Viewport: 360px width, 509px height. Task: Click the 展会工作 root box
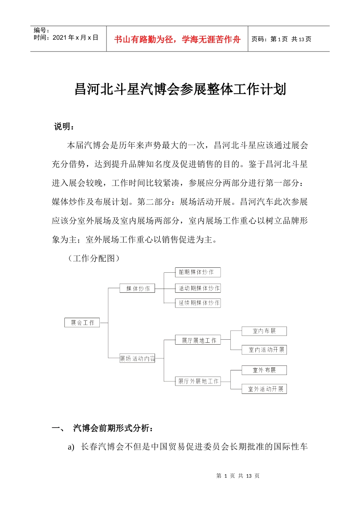pos(82,323)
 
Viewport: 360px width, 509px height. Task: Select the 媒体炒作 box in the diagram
pos(138,289)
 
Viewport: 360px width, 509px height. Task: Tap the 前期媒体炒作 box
pos(197,272)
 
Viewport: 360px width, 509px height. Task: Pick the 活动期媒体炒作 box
pos(198,289)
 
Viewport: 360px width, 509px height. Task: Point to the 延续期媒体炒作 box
pos(198,303)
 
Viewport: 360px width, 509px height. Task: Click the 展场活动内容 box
pos(137,358)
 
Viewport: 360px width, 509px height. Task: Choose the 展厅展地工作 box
pos(198,340)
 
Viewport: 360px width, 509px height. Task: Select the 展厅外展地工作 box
pos(198,381)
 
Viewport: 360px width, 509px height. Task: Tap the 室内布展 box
pos(264,331)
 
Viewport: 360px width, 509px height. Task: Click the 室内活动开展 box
pos(264,350)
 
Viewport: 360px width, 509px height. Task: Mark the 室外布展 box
pos(264,370)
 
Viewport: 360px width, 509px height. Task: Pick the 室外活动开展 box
pos(264,389)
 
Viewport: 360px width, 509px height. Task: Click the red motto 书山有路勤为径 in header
pos(177,39)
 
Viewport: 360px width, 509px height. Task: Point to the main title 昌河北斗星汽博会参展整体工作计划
pos(180,90)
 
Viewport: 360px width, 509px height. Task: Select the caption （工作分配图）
pos(94,258)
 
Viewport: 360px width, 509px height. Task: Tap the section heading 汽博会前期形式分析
pos(113,428)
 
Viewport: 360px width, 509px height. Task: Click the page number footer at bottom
pos(238,476)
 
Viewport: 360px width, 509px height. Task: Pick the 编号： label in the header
pos(41,30)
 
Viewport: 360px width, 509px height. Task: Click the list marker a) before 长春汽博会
pos(71,447)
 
